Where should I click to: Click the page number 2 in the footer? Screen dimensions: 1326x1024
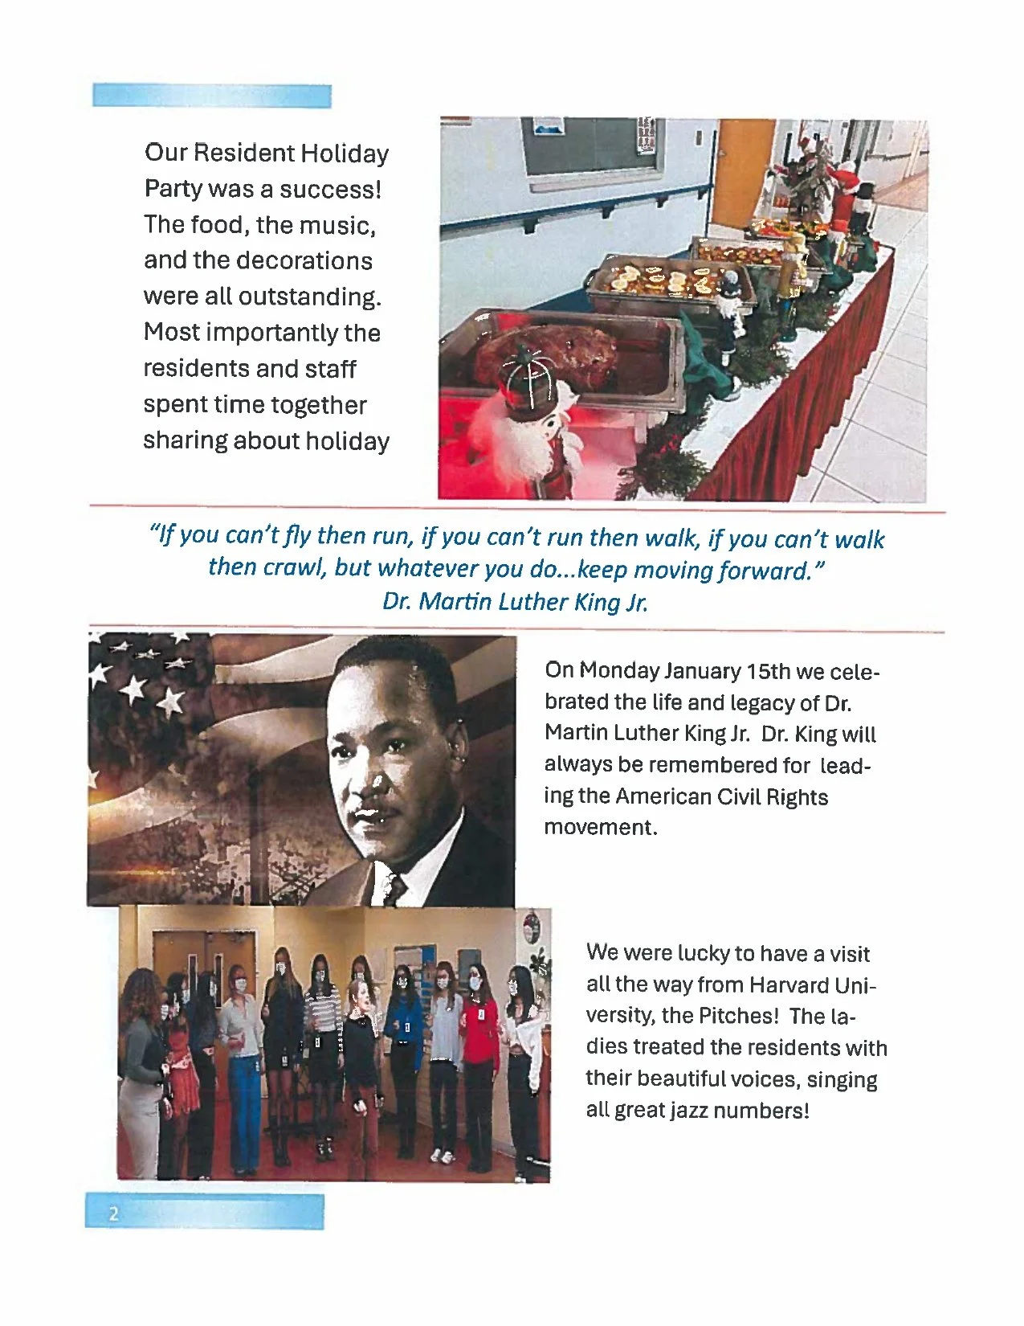113,1213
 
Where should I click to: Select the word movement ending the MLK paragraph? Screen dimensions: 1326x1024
600,828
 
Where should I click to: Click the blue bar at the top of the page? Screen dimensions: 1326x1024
212,96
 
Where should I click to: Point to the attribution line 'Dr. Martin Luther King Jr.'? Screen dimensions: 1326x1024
515,602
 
